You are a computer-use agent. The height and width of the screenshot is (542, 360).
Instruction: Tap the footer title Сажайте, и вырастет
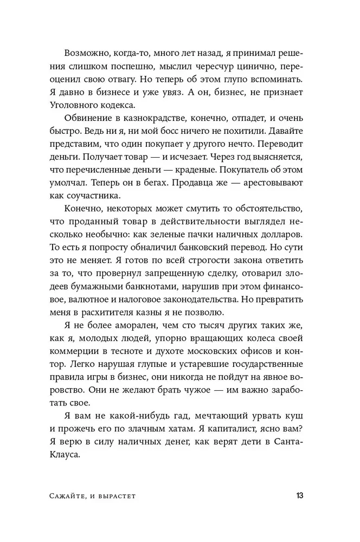[x=99, y=496]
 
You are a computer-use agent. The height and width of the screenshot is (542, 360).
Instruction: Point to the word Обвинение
[x=88, y=117]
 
